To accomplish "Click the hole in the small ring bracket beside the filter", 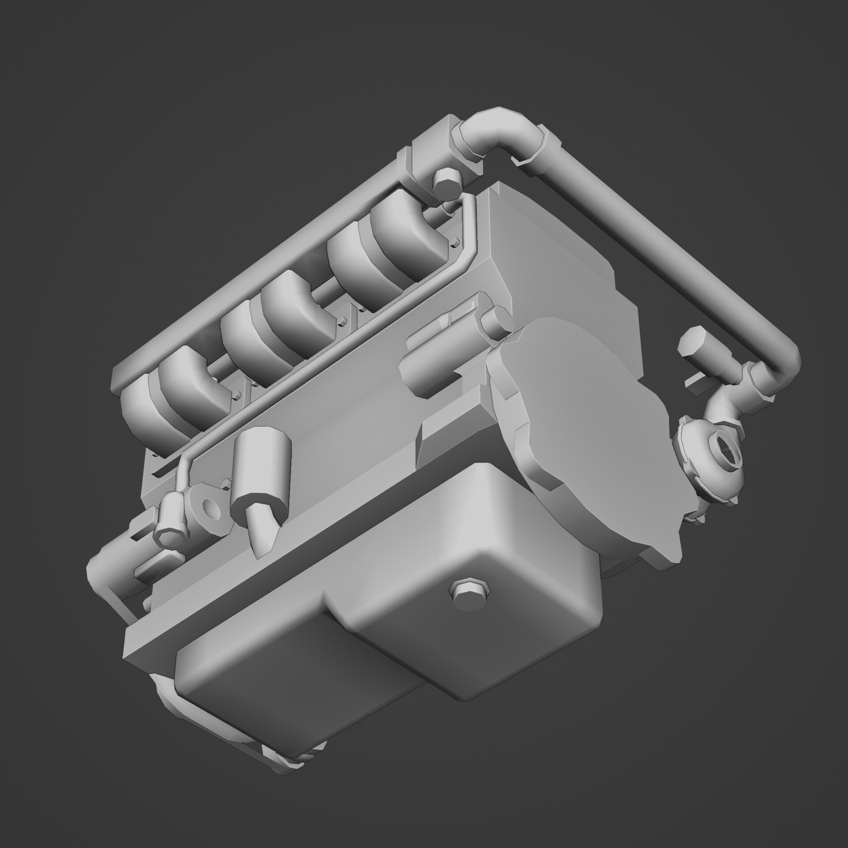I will [213, 509].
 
